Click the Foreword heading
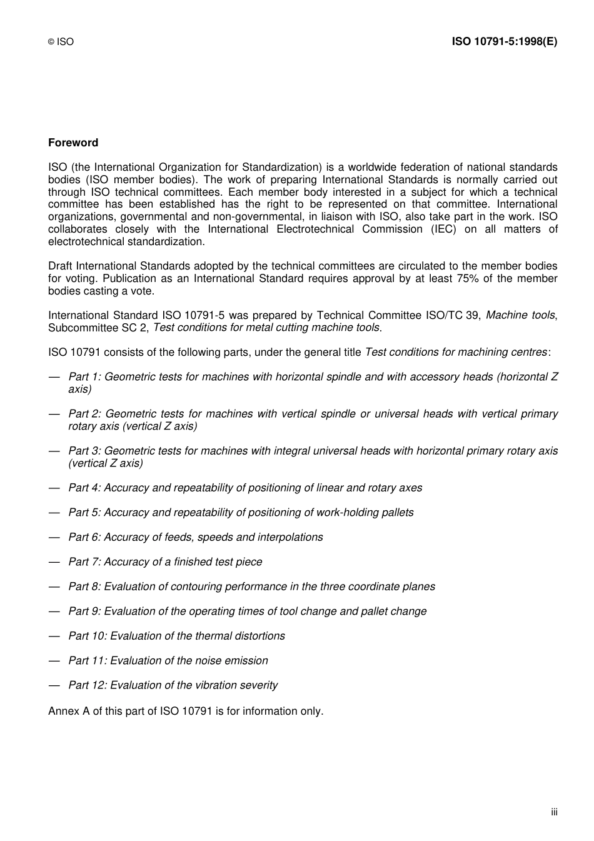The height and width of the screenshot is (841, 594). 73,143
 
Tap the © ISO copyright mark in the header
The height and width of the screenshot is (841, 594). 61,42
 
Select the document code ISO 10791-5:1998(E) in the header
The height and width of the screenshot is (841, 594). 504,41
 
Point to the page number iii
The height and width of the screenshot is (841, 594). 554,812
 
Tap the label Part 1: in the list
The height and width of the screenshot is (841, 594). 84,376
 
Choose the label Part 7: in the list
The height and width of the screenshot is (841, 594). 84,562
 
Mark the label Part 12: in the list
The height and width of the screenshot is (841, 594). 88,685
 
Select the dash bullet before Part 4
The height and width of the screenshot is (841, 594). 54,488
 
